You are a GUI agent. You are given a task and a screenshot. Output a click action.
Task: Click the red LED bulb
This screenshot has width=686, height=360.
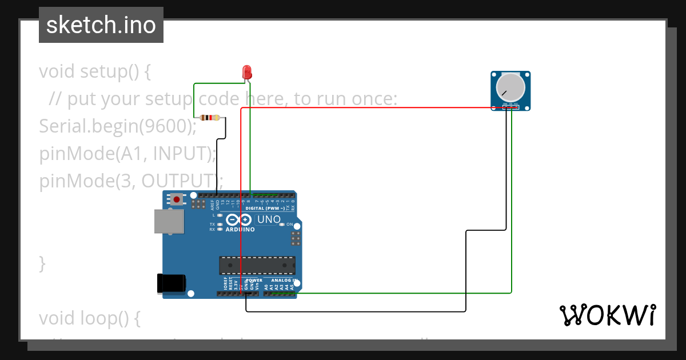tap(248, 72)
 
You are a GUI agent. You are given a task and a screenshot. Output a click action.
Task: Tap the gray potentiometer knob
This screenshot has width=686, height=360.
tap(510, 87)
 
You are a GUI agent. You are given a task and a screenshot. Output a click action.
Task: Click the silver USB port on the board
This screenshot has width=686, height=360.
tap(169, 221)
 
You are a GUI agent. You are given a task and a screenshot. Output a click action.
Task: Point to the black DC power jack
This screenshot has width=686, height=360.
tap(171, 283)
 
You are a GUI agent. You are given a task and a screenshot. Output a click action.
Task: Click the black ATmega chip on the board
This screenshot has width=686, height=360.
tap(257, 266)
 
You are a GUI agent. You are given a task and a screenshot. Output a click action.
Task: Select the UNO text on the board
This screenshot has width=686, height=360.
tap(269, 219)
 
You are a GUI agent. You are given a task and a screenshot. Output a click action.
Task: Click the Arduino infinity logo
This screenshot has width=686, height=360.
tap(239, 219)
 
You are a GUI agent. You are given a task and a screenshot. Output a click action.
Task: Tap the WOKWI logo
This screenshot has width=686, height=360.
tap(607, 315)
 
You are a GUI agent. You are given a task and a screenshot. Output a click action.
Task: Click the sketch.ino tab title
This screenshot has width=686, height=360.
tap(101, 25)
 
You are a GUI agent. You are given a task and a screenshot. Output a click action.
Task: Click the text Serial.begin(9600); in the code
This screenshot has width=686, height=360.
tap(118, 126)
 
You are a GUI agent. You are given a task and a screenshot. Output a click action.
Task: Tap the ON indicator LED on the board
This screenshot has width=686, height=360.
tap(282, 225)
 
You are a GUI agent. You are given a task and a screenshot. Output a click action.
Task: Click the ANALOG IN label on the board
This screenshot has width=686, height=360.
tap(284, 281)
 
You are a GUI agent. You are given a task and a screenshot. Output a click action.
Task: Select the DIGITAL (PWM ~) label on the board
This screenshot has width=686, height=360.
tap(265, 209)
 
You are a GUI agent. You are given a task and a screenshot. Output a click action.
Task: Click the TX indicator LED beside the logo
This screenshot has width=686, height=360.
tap(220, 225)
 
